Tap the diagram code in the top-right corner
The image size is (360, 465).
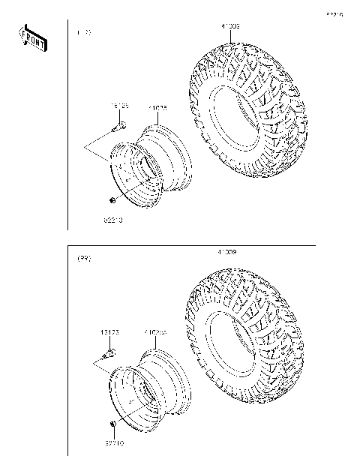tap(334, 14)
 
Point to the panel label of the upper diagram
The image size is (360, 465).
tap(84, 34)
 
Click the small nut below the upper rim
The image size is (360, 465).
tap(112, 201)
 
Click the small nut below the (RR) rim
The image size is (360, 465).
tap(112, 425)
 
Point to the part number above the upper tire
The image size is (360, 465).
tap(230, 27)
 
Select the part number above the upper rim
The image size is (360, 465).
tap(157, 108)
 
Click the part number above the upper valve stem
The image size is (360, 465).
tap(120, 106)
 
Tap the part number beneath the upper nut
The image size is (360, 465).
tap(112, 221)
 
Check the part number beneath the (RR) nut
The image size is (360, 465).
tap(113, 444)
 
